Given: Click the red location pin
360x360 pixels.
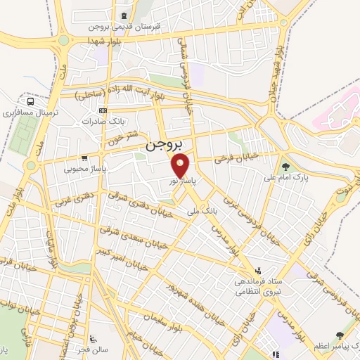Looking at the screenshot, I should click(181, 166).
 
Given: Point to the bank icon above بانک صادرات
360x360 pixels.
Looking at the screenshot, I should click(103, 110).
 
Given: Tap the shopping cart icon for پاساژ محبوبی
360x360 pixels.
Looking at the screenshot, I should click(84, 158).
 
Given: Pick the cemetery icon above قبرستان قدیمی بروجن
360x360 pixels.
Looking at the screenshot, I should click(124, 16).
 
